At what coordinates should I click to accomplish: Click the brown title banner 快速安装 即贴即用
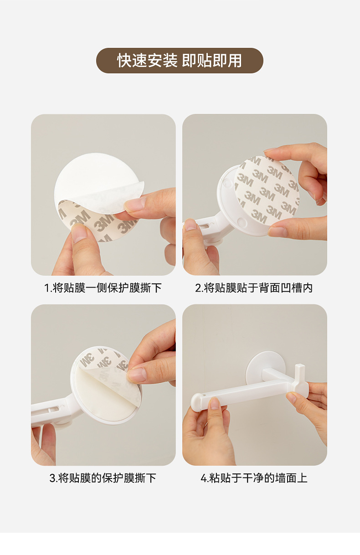pyautogui.click(x=180, y=61)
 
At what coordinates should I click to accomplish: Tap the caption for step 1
pyautogui.click(x=103, y=288)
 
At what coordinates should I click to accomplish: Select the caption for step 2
pyautogui.click(x=254, y=288)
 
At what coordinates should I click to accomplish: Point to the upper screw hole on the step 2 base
pyautogui.click(x=226, y=183)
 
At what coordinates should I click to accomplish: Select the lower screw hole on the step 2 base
pyautogui.click(x=242, y=221)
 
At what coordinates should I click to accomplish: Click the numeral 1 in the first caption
pyautogui.click(x=46, y=288)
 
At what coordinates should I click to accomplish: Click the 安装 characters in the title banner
pyautogui.click(x=162, y=61)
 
